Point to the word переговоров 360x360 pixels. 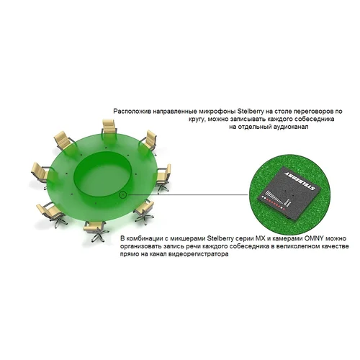(317, 112)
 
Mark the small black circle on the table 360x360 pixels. (122, 194)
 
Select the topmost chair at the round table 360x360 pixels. (109, 130)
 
